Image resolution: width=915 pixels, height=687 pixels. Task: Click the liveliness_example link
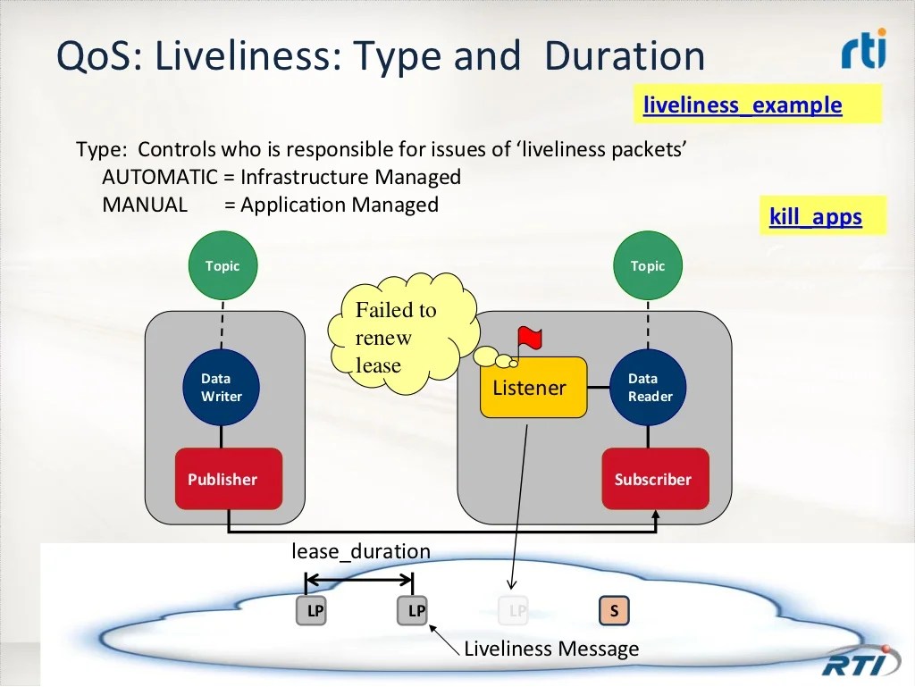coord(743,105)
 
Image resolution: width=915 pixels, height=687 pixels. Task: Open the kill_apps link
coord(815,216)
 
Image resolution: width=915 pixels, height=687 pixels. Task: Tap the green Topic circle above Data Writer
coord(222,265)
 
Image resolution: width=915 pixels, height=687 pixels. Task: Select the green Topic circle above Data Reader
coord(648,265)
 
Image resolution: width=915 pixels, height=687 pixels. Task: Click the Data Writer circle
coord(222,387)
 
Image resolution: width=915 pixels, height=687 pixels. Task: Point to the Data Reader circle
coord(649,387)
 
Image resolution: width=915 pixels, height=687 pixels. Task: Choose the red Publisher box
coord(229,479)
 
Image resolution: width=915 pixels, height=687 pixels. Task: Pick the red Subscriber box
coord(655,479)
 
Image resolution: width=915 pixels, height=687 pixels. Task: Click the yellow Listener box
coord(533,387)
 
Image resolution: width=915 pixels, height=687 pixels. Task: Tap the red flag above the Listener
coord(529,339)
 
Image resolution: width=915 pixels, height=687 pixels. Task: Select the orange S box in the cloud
coord(614,610)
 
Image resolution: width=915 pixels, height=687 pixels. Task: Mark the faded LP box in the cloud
coord(514,610)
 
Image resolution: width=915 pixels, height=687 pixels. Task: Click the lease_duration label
coord(361,551)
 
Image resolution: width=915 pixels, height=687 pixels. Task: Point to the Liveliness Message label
coord(551,649)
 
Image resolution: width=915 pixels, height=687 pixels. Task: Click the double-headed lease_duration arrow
coord(359,580)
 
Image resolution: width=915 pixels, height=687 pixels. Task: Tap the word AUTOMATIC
coord(160,177)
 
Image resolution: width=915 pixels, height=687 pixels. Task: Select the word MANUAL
coord(145,205)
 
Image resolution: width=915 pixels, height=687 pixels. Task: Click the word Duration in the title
coord(625,56)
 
